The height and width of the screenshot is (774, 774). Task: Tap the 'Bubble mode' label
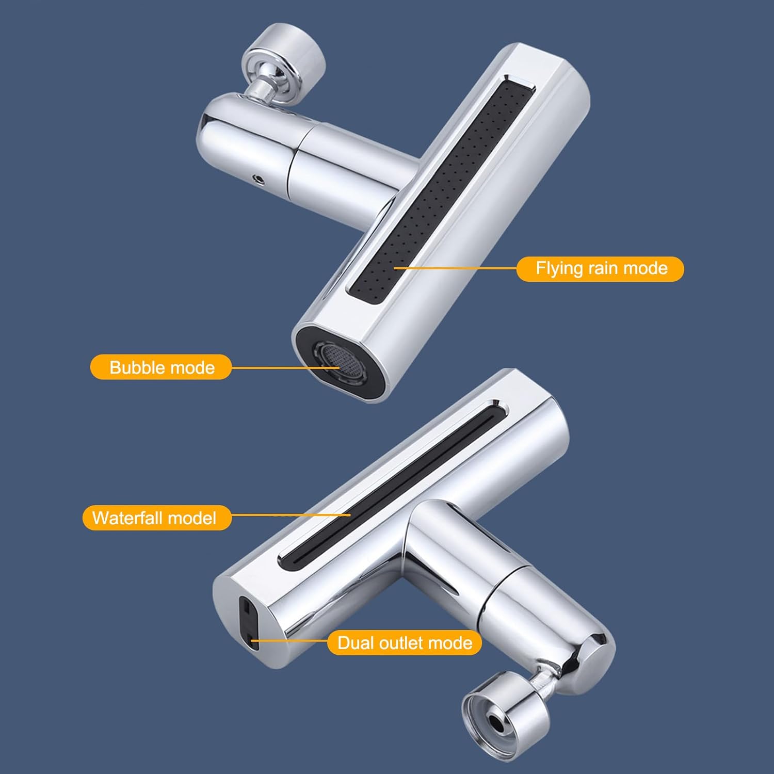point(161,367)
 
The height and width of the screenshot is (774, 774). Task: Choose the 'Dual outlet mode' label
point(405,643)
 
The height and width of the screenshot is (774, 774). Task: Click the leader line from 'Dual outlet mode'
point(289,641)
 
